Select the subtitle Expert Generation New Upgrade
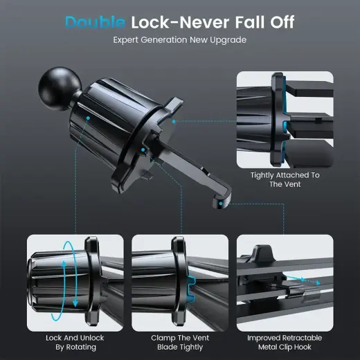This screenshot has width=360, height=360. tap(179, 40)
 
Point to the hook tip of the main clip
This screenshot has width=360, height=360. tap(219, 201)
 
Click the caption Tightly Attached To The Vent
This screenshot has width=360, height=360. tap(285, 180)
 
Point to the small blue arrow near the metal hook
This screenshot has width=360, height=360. tap(296, 280)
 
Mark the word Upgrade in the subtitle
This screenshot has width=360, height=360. tap(229, 40)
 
